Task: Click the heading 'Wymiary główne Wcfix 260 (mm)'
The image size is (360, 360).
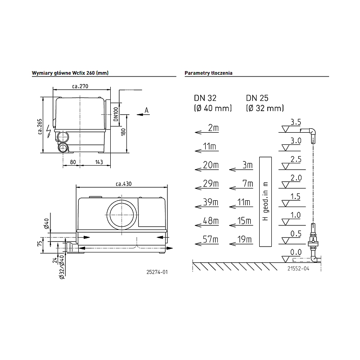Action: pos(70,73)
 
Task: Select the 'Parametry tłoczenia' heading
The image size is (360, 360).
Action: pos(208,73)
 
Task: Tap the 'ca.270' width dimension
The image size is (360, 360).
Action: pos(80,87)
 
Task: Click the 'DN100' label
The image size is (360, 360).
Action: pos(115,114)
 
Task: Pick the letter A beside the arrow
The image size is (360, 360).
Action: pos(146,110)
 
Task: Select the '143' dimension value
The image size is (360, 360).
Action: pos(99,162)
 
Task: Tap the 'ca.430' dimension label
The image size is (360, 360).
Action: pos(123,183)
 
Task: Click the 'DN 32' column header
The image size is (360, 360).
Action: pos(205,98)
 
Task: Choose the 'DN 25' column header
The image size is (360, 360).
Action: pos(257,98)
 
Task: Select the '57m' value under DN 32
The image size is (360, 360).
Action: pos(211,239)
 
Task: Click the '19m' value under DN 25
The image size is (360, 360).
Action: pos(244,239)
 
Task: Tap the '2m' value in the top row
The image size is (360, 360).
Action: pos(213,128)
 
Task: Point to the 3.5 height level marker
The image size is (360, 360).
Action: pos(295,122)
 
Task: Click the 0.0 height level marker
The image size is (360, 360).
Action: pos(295,252)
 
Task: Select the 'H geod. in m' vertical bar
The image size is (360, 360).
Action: pos(265,201)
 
